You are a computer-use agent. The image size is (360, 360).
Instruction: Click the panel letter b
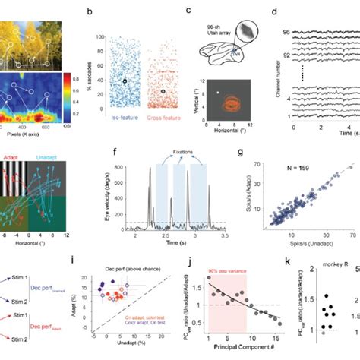pos(90,13)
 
